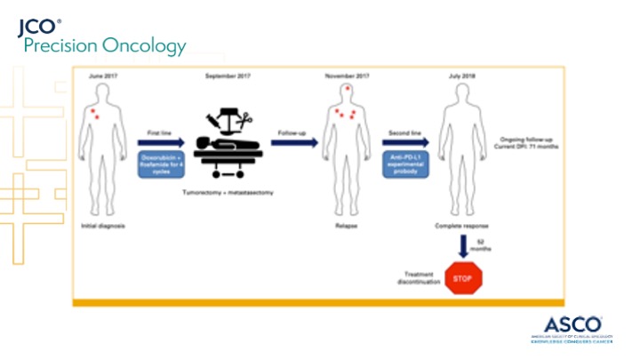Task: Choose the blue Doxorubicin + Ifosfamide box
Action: [x=161, y=164]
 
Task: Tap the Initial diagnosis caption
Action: [x=101, y=226]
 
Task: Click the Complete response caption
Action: [x=463, y=226]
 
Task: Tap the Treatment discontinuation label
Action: [x=418, y=277]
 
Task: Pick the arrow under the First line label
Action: [x=161, y=142]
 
